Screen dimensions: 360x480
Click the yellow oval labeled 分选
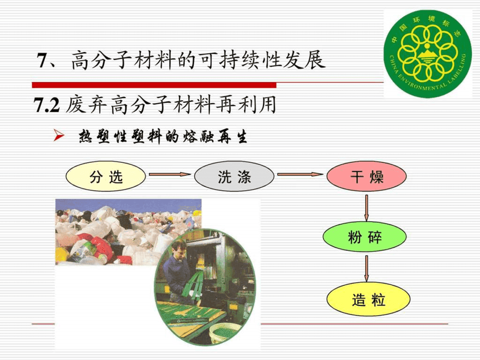(x=106, y=177)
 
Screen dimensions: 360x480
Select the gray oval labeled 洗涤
(x=234, y=177)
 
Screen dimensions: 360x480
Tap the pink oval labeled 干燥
(x=366, y=177)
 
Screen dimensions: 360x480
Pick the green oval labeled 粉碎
(x=366, y=238)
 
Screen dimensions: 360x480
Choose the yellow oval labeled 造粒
(x=366, y=301)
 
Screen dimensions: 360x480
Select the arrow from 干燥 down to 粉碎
(x=366, y=208)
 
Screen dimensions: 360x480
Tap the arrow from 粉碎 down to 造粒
(x=366, y=269)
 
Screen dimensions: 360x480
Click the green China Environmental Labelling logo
(x=424, y=53)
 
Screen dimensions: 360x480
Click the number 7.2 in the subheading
(x=47, y=106)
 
